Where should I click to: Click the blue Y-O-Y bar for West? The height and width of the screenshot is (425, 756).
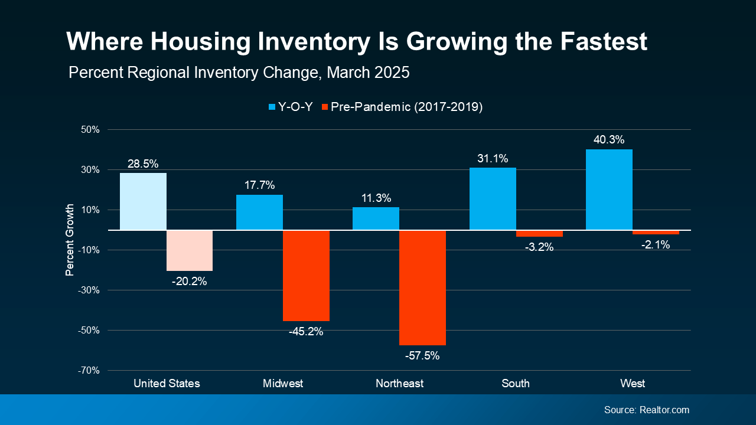(x=609, y=189)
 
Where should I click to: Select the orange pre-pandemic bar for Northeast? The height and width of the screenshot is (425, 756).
(x=422, y=287)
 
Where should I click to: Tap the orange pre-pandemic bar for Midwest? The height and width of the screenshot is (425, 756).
(x=306, y=275)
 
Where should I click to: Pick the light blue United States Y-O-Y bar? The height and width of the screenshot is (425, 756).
(x=143, y=201)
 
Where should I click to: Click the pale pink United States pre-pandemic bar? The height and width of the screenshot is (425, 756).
(x=190, y=250)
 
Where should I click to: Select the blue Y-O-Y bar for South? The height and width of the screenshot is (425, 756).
(x=493, y=199)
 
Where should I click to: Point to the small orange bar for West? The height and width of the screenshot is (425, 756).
(x=656, y=233)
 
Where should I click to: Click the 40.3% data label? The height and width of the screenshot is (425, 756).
(x=609, y=140)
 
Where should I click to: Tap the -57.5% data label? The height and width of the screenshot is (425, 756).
(x=422, y=356)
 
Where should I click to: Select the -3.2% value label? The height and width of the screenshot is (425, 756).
(x=539, y=247)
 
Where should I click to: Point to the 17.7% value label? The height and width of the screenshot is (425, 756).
(x=259, y=185)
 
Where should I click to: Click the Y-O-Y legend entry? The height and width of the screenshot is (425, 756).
(x=290, y=107)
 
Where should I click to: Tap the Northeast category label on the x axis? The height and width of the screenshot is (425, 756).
(x=399, y=384)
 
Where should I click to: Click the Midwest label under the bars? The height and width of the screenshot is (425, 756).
(x=283, y=384)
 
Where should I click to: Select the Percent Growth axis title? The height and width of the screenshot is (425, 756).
(x=70, y=240)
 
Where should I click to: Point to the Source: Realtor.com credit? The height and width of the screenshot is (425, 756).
(x=646, y=410)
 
